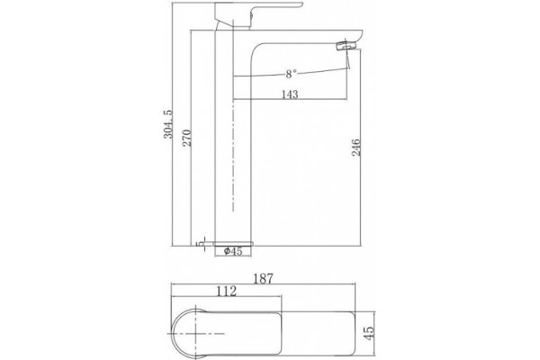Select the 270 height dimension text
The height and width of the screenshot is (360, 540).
coord(187,138)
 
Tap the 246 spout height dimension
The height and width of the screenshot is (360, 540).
coord(356,148)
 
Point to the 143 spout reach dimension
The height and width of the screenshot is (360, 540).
coord(290,94)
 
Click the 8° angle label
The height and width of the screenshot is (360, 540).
coord(291,74)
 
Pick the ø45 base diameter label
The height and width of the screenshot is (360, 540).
coord(233,251)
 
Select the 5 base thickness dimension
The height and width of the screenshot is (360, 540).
coord(200,244)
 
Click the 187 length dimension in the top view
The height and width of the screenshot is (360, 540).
coord(264,279)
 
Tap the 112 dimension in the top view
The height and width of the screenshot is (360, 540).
coord(226,292)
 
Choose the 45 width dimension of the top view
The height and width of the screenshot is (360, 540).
coord(368,333)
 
